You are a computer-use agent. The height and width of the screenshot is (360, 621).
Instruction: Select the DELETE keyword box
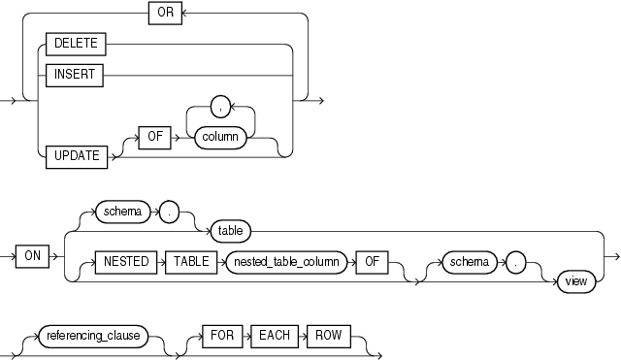[x=74, y=44]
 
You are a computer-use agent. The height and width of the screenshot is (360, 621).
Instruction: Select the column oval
[x=220, y=139]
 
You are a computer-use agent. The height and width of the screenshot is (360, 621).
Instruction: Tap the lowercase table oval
[x=231, y=231]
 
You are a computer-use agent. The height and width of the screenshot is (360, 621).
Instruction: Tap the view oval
[x=569, y=281]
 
